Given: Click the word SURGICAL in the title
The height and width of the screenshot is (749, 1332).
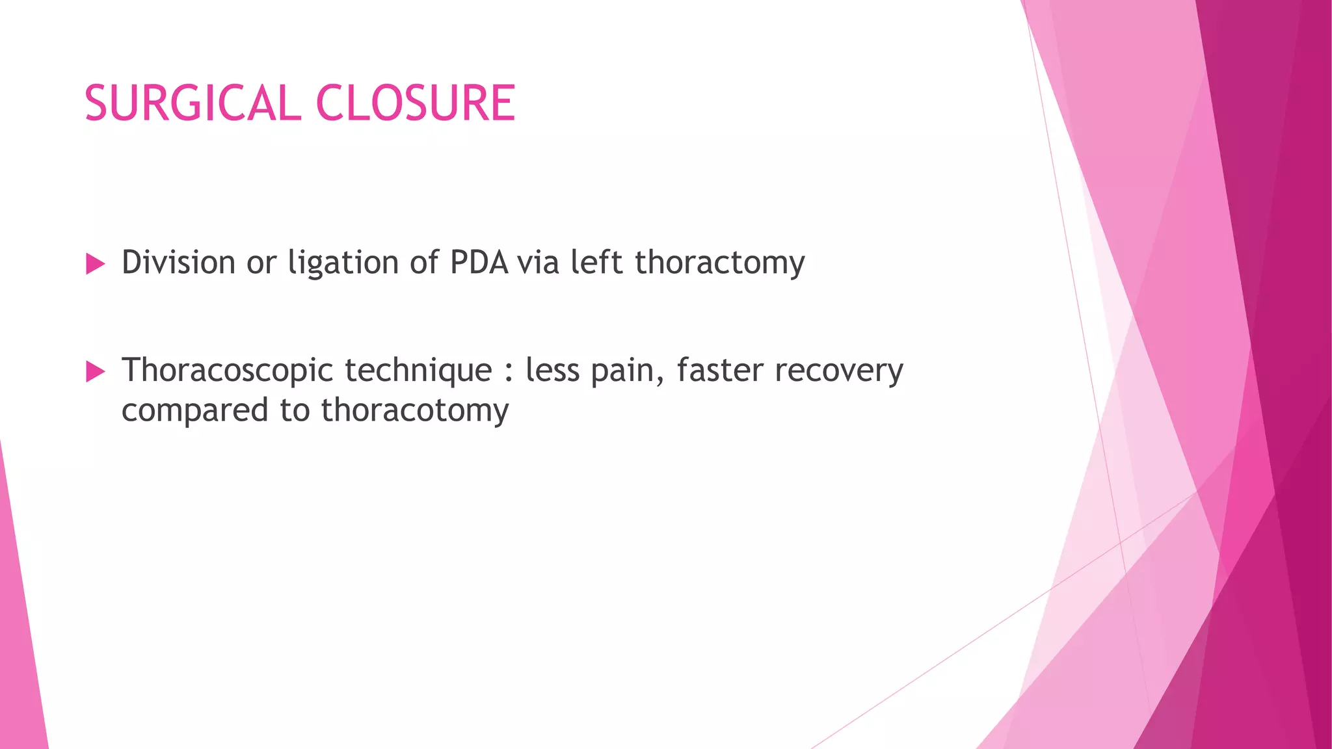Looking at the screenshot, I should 193,103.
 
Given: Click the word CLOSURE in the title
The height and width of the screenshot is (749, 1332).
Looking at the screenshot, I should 416,103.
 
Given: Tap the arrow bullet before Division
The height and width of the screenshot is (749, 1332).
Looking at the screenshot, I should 95,264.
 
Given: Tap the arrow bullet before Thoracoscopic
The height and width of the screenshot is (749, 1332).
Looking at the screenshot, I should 95,372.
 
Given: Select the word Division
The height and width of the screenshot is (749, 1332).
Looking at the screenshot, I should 178,263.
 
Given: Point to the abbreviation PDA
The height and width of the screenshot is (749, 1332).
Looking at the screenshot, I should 479,263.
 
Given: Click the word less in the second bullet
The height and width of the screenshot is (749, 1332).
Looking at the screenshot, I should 552,370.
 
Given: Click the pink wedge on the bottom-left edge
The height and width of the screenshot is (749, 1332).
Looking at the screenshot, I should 20,650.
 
